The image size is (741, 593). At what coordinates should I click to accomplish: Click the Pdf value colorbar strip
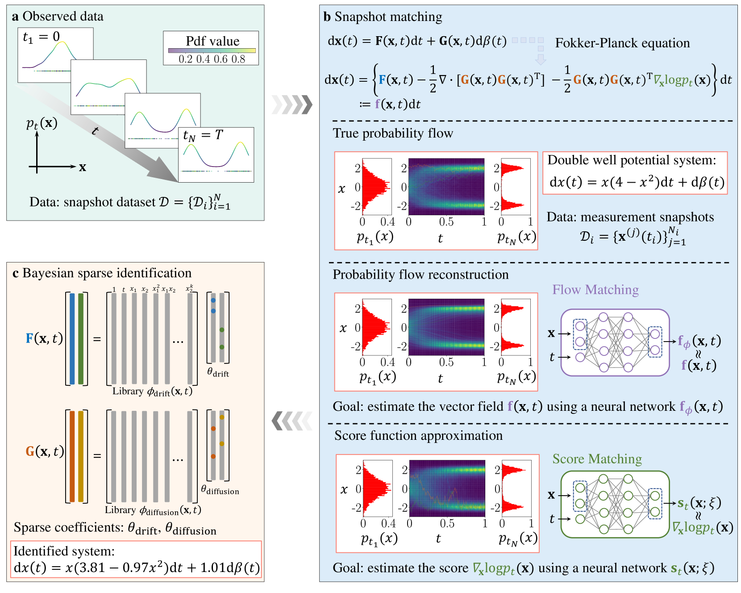click(x=212, y=50)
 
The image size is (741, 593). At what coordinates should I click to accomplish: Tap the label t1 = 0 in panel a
click(x=41, y=37)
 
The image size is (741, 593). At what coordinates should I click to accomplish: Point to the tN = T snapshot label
click(x=203, y=135)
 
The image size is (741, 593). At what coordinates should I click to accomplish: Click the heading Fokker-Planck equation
click(x=622, y=43)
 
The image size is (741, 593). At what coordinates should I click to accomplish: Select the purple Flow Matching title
click(x=595, y=290)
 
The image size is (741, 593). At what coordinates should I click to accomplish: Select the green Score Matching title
click(x=597, y=459)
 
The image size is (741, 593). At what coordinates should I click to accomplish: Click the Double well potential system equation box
click(x=635, y=173)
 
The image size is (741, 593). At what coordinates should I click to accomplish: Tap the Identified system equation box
click(x=136, y=560)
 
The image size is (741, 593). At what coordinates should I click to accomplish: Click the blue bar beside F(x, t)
click(x=72, y=338)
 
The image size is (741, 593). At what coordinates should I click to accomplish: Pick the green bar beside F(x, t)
click(x=81, y=338)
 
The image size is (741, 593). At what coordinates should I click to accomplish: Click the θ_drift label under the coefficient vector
click(x=218, y=372)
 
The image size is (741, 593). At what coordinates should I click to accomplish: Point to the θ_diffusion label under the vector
click(x=220, y=490)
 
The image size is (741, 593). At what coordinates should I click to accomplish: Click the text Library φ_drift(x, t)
click(x=152, y=392)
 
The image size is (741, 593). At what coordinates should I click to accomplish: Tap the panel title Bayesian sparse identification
click(x=102, y=273)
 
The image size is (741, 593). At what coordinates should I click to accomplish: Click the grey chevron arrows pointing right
click(x=292, y=104)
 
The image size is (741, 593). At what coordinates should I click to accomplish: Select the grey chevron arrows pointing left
click(x=292, y=421)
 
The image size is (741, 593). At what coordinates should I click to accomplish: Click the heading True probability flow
click(x=393, y=134)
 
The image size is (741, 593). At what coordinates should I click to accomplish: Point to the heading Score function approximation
click(x=418, y=436)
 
